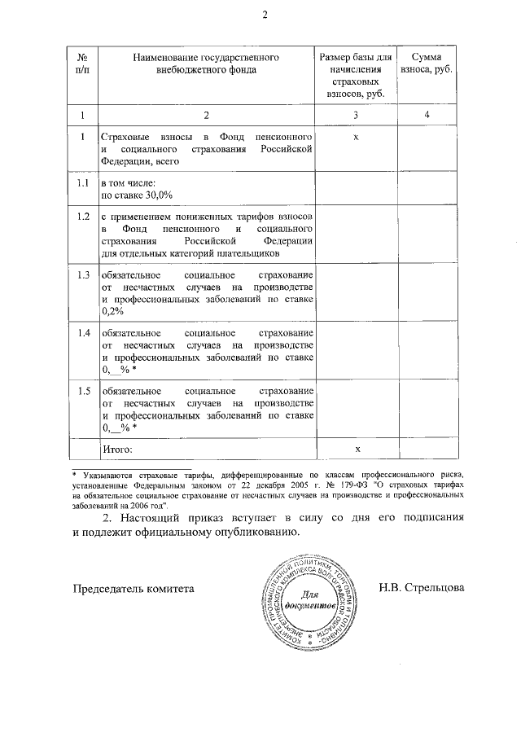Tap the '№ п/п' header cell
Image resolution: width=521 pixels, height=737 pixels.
click(81, 64)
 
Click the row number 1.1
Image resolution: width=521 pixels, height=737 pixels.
click(81, 184)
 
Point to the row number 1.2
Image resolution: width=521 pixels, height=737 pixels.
click(81, 217)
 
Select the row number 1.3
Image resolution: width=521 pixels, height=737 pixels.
click(81, 274)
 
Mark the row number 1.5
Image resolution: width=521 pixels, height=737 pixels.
click(81, 392)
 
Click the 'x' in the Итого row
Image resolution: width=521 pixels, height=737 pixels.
click(357, 449)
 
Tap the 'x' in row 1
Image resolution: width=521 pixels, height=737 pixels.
click(357, 136)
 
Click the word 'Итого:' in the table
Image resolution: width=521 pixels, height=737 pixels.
click(116, 449)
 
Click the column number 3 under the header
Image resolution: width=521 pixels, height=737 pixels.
click(357, 114)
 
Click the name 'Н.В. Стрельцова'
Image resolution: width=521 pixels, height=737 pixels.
click(421, 587)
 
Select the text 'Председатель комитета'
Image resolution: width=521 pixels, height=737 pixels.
click(134, 587)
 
